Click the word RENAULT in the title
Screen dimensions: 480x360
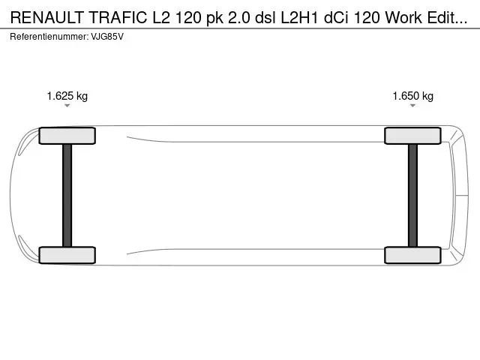[47, 17]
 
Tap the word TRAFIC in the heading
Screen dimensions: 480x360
[118, 17]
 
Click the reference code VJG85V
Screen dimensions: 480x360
[107, 37]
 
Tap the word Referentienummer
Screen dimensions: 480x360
[49, 37]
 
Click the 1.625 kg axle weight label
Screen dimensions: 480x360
[67, 96]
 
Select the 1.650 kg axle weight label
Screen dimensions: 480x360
[413, 96]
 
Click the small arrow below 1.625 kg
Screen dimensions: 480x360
[67, 106]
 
